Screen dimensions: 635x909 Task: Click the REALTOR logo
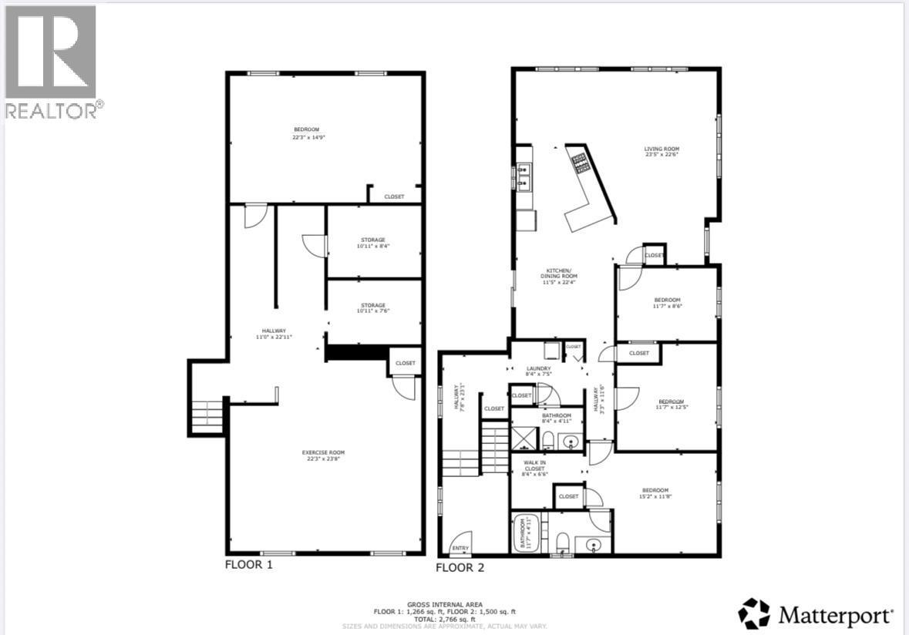[51, 62]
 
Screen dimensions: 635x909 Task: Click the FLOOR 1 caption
[248, 564]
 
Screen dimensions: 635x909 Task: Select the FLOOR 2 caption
[460, 568]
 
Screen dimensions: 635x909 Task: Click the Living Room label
[662, 152]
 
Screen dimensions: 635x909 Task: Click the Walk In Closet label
[535, 468]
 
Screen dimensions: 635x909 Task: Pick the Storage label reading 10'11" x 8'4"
[372, 244]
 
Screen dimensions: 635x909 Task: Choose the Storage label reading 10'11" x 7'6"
[372, 309]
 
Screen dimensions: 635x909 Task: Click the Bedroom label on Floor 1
[305, 133]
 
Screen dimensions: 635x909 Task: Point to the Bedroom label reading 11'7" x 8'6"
[667, 303]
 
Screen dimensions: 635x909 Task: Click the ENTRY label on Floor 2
[460, 548]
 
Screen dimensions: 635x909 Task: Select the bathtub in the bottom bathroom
[524, 533]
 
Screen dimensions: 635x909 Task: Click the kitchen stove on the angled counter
[578, 162]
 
